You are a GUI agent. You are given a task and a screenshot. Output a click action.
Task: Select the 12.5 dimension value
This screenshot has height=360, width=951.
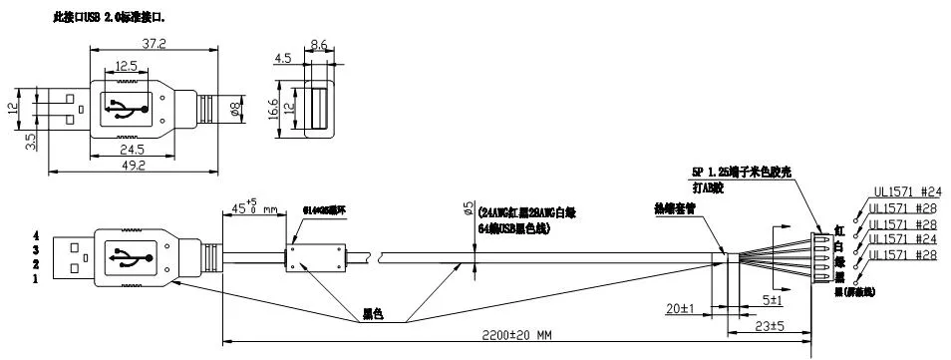(x=126, y=66)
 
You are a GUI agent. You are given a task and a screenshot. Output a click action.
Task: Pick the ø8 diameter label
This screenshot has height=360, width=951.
(x=236, y=107)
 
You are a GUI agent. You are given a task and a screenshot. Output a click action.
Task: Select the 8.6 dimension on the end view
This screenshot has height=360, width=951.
(x=319, y=45)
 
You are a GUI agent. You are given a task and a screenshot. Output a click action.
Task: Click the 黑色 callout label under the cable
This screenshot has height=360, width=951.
(x=373, y=315)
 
